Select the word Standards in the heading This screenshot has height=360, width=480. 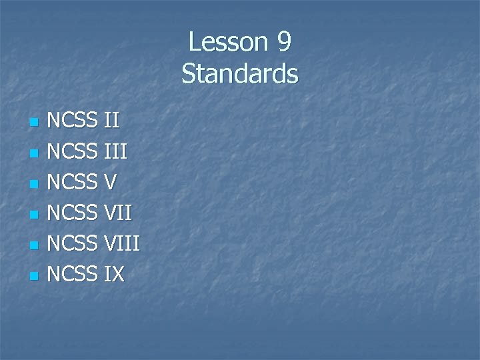click(240, 73)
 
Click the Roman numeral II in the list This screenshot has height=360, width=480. click(112, 121)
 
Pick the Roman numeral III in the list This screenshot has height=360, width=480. click(115, 152)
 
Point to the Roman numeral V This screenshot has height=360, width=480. click(112, 183)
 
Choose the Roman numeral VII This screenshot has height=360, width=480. click(119, 213)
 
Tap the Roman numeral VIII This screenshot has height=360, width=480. click(122, 244)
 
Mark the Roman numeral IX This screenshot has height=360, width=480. click(115, 274)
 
